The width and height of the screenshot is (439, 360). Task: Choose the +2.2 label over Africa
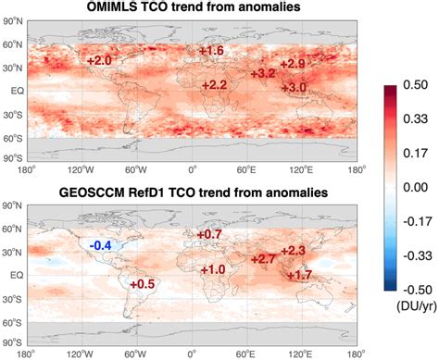click(214, 85)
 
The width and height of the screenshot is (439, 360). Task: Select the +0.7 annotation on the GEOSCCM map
click(209, 235)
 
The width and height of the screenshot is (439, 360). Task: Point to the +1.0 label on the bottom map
click(213, 269)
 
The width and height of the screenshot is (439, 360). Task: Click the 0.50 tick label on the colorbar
click(414, 84)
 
